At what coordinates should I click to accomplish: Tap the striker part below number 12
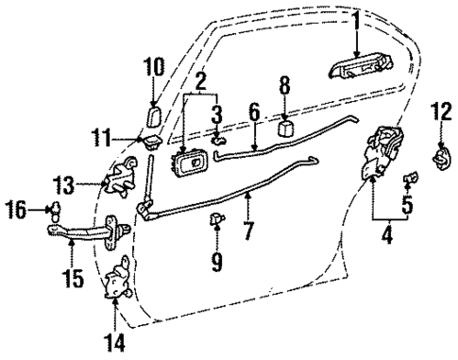coord(441,157)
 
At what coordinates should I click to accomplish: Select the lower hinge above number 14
coord(120,280)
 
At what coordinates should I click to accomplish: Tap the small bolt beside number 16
coord(54,207)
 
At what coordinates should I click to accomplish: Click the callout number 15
coord(72,280)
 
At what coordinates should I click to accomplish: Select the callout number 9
coord(218,257)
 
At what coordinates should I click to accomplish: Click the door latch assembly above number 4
coord(383,149)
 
